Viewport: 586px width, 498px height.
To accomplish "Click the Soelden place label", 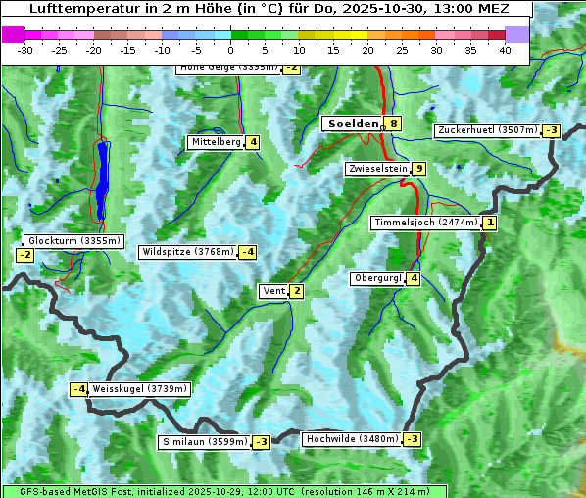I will [352, 124].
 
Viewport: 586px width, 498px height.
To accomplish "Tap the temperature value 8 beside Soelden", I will [393, 124].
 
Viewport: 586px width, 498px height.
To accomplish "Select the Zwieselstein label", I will [377, 169].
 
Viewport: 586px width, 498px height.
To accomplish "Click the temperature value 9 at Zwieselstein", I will [419, 169].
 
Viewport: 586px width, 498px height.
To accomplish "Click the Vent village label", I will [273, 291].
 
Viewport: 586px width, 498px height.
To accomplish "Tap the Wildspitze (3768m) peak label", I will [188, 252].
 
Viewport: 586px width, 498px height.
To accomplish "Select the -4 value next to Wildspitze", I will [248, 252].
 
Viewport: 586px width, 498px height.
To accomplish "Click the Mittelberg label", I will [216, 142].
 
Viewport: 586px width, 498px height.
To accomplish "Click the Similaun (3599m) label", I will [205, 442].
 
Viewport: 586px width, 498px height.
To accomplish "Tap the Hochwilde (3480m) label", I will [352, 439].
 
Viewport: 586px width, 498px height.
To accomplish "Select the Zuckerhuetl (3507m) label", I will [488, 130].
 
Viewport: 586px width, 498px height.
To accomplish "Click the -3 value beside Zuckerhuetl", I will [552, 130].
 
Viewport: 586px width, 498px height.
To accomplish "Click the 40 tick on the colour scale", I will [504, 50].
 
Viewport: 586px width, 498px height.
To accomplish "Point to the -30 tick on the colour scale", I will [25, 50].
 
